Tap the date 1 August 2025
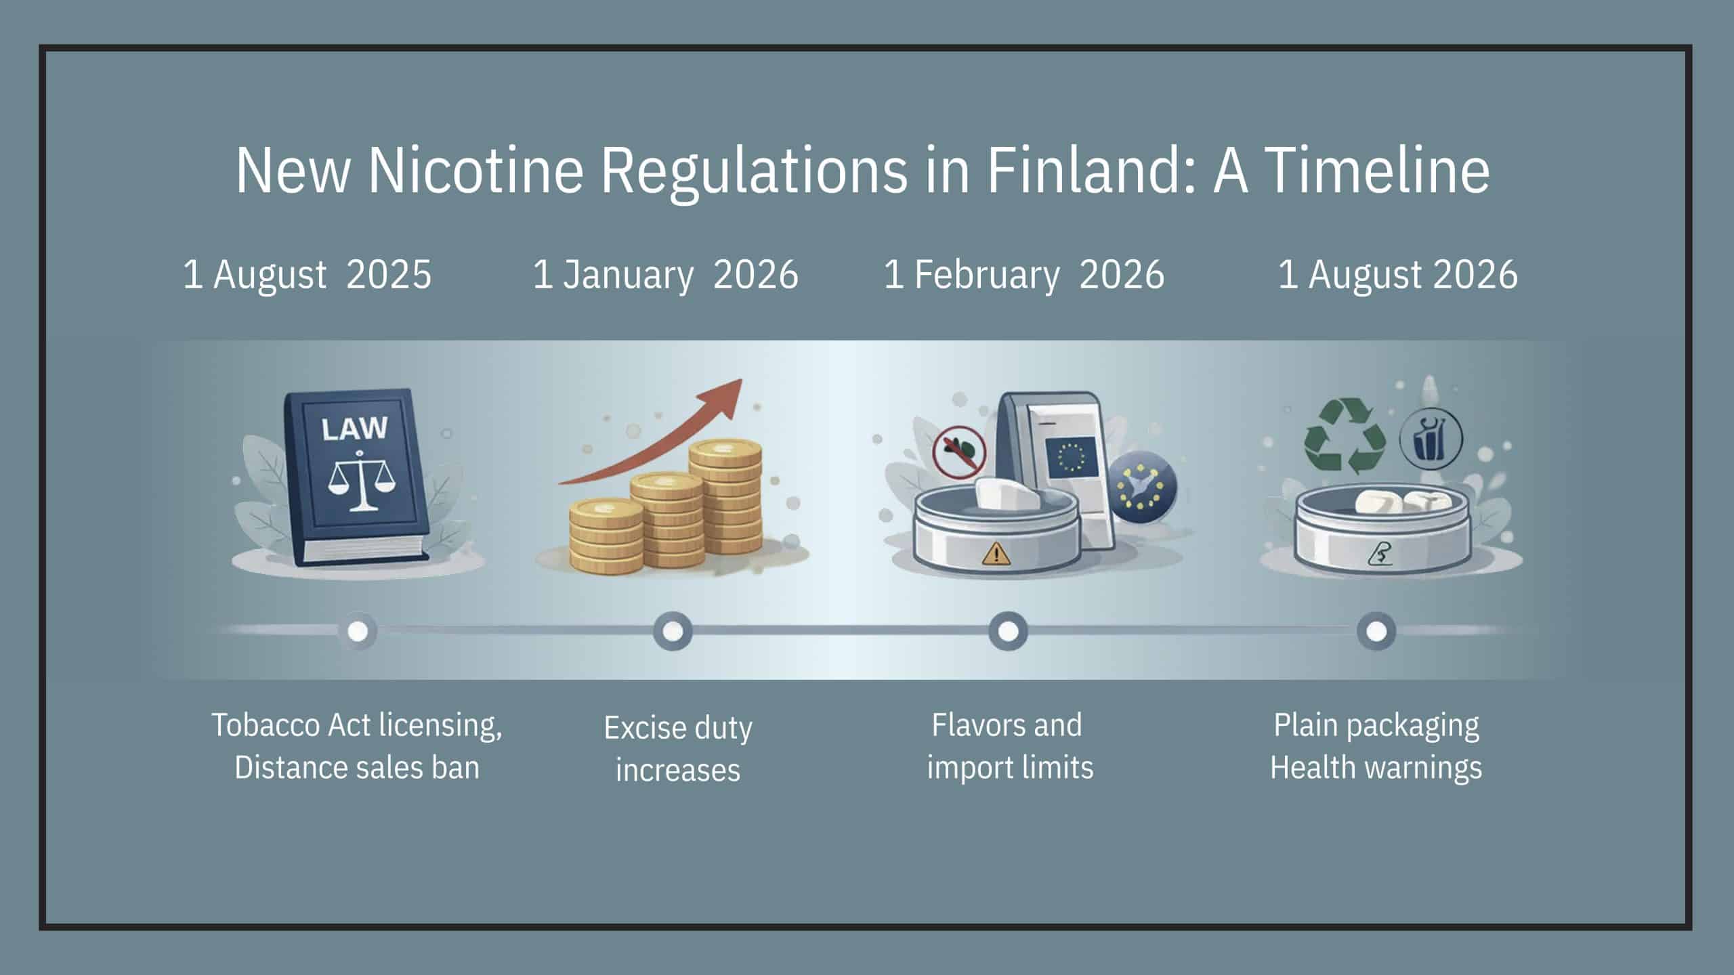click(307, 274)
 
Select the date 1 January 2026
click(665, 276)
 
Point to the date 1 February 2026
click(1023, 276)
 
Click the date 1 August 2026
click(1397, 274)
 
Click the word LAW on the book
click(354, 428)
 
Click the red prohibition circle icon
click(959, 452)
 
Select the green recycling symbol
click(1344, 435)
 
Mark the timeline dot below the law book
click(358, 631)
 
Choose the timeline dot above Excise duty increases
click(673, 631)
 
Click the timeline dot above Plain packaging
click(1376, 631)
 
